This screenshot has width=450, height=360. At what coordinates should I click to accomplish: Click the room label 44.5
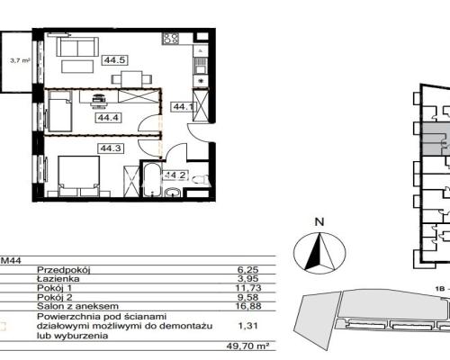coord(115,60)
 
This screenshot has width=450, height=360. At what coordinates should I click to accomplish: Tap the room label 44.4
coord(109,118)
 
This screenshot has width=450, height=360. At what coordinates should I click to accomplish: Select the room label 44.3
coord(111,148)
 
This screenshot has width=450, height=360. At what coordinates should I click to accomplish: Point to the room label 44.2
coord(175,175)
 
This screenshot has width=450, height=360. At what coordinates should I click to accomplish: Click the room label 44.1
coord(184,107)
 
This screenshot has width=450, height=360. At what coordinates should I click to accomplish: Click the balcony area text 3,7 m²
coord(21,60)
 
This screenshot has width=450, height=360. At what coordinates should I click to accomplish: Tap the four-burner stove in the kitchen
coord(171,39)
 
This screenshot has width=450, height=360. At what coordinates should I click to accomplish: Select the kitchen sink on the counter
coord(200,66)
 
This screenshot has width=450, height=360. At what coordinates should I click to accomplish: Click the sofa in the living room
coord(77,47)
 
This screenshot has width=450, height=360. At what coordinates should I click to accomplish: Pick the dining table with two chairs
coord(131,79)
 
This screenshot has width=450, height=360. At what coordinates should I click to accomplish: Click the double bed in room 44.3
coord(79,176)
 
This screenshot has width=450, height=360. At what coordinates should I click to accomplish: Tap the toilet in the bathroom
coord(200,180)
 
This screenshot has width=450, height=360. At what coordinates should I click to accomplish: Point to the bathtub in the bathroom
coord(151,179)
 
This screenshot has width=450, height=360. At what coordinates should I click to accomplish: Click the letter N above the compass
coord(319,222)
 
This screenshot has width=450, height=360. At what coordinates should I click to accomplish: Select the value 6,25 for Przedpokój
coord(247,270)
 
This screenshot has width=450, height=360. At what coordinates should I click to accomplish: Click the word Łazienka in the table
coord(58,279)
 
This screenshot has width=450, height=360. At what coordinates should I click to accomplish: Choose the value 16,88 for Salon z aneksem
coord(248,306)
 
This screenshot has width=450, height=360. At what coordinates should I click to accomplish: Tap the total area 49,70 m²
coord(247,346)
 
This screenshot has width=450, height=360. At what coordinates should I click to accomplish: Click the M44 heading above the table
coord(12,261)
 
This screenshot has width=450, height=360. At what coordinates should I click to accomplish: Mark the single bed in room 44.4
coord(60,112)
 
